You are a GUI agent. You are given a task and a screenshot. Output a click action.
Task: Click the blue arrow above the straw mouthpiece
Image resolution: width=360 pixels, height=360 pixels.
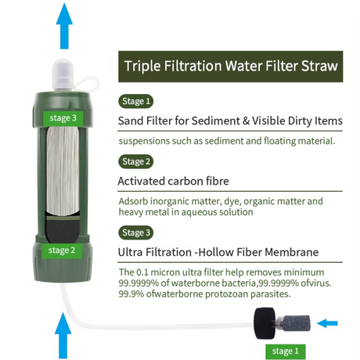point(64,26)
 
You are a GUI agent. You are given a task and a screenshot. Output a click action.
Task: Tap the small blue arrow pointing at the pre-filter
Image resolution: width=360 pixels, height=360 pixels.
point(327,323)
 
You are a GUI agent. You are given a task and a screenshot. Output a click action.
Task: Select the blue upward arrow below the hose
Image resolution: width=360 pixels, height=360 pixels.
point(63,336)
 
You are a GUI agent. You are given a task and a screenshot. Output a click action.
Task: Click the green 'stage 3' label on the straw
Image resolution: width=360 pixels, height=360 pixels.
point(63,118)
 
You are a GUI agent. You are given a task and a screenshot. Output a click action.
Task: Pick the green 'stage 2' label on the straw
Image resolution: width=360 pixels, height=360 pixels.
point(62,250)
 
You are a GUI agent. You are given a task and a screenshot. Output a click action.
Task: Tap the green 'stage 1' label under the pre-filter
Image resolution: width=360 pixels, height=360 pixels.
point(286,351)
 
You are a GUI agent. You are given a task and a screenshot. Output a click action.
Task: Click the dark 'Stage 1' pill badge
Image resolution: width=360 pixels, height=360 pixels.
point(136,101)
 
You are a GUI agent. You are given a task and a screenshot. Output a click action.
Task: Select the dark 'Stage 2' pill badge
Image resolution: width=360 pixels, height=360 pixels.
point(136,161)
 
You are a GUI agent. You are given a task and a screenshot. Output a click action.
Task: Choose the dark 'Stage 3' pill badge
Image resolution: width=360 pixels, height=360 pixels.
point(136,232)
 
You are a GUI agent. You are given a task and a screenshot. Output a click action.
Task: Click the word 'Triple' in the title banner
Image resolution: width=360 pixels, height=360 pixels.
point(142,66)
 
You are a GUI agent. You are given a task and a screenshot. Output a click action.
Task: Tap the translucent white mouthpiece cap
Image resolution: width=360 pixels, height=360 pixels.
point(63,74)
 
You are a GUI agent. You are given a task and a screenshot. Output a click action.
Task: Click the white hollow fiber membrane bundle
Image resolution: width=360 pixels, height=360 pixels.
point(63,171)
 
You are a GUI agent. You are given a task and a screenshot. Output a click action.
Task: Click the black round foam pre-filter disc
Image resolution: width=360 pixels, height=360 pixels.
point(265,323)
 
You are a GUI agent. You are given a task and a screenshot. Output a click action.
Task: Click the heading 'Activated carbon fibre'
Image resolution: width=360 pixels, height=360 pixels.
point(174,181)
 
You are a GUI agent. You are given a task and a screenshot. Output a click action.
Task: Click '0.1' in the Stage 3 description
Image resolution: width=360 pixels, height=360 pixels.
point(142,272)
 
